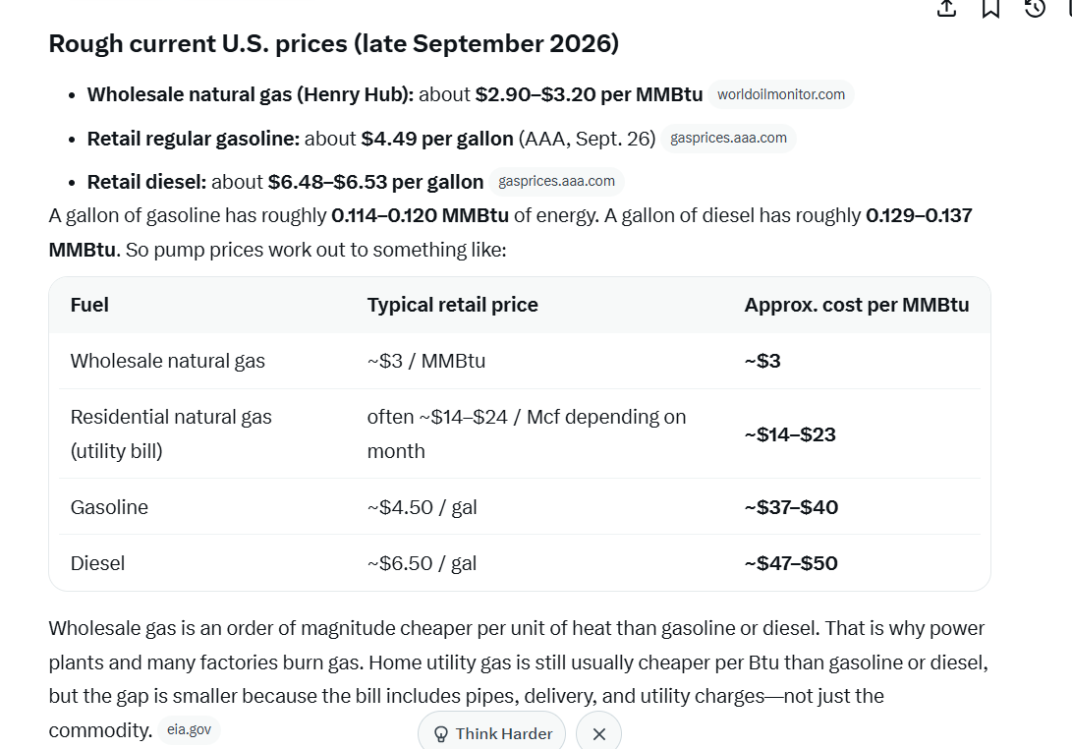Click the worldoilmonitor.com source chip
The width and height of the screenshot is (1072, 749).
click(781, 94)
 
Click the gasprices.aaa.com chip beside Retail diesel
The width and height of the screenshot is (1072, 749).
click(556, 181)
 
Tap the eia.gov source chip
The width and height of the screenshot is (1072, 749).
click(190, 730)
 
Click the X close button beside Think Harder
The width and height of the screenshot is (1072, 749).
click(599, 734)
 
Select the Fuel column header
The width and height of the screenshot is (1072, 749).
click(89, 305)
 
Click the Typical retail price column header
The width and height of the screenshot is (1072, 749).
click(453, 305)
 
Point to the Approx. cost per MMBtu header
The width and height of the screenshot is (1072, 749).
click(857, 305)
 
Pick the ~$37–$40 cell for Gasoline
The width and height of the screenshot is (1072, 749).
click(791, 507)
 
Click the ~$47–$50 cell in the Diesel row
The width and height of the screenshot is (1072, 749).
click(791, 563)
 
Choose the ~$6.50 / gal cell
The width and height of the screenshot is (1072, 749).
click(422, 563)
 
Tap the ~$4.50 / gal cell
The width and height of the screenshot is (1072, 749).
click(422, 507)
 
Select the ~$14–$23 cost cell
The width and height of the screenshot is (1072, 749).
click(790, 435)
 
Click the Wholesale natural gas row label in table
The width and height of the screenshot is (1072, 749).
click(167, 361)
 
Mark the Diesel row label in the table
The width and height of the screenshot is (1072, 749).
click(97, 563)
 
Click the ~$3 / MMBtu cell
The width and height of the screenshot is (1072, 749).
click(425, 361)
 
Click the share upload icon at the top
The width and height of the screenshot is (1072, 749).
click(947, 8)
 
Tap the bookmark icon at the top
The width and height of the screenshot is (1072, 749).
click(990, 8)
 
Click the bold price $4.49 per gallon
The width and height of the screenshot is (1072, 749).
click(437, 139)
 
